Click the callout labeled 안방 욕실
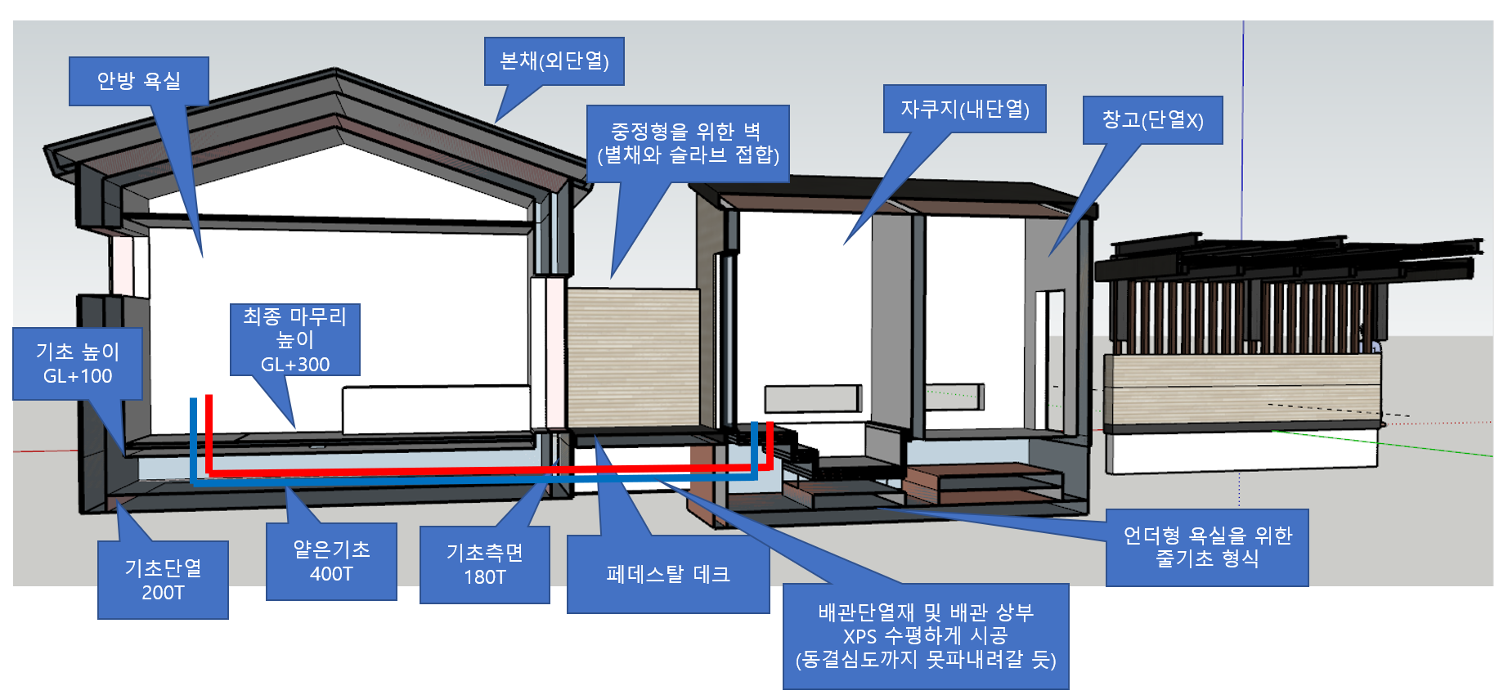point(138,81)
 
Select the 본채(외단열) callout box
point(554,61)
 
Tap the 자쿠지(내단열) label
point(964,109)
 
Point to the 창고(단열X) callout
point(1152,120)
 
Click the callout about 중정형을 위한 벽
point(688,143)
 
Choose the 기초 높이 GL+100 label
point(78,364)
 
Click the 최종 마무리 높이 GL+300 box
point(294,339)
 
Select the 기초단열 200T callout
point(163,580)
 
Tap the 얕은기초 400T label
point(331,561)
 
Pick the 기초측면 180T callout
point(484,564)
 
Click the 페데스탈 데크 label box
point(668,574)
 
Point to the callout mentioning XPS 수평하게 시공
point(926,636)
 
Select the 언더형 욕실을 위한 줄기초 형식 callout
point(1207,547)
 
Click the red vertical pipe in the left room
point(209,433)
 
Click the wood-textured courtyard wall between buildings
point(633,356)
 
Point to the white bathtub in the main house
point(436,410)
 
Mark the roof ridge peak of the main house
point(337,73)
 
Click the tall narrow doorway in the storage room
point(1049,360)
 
